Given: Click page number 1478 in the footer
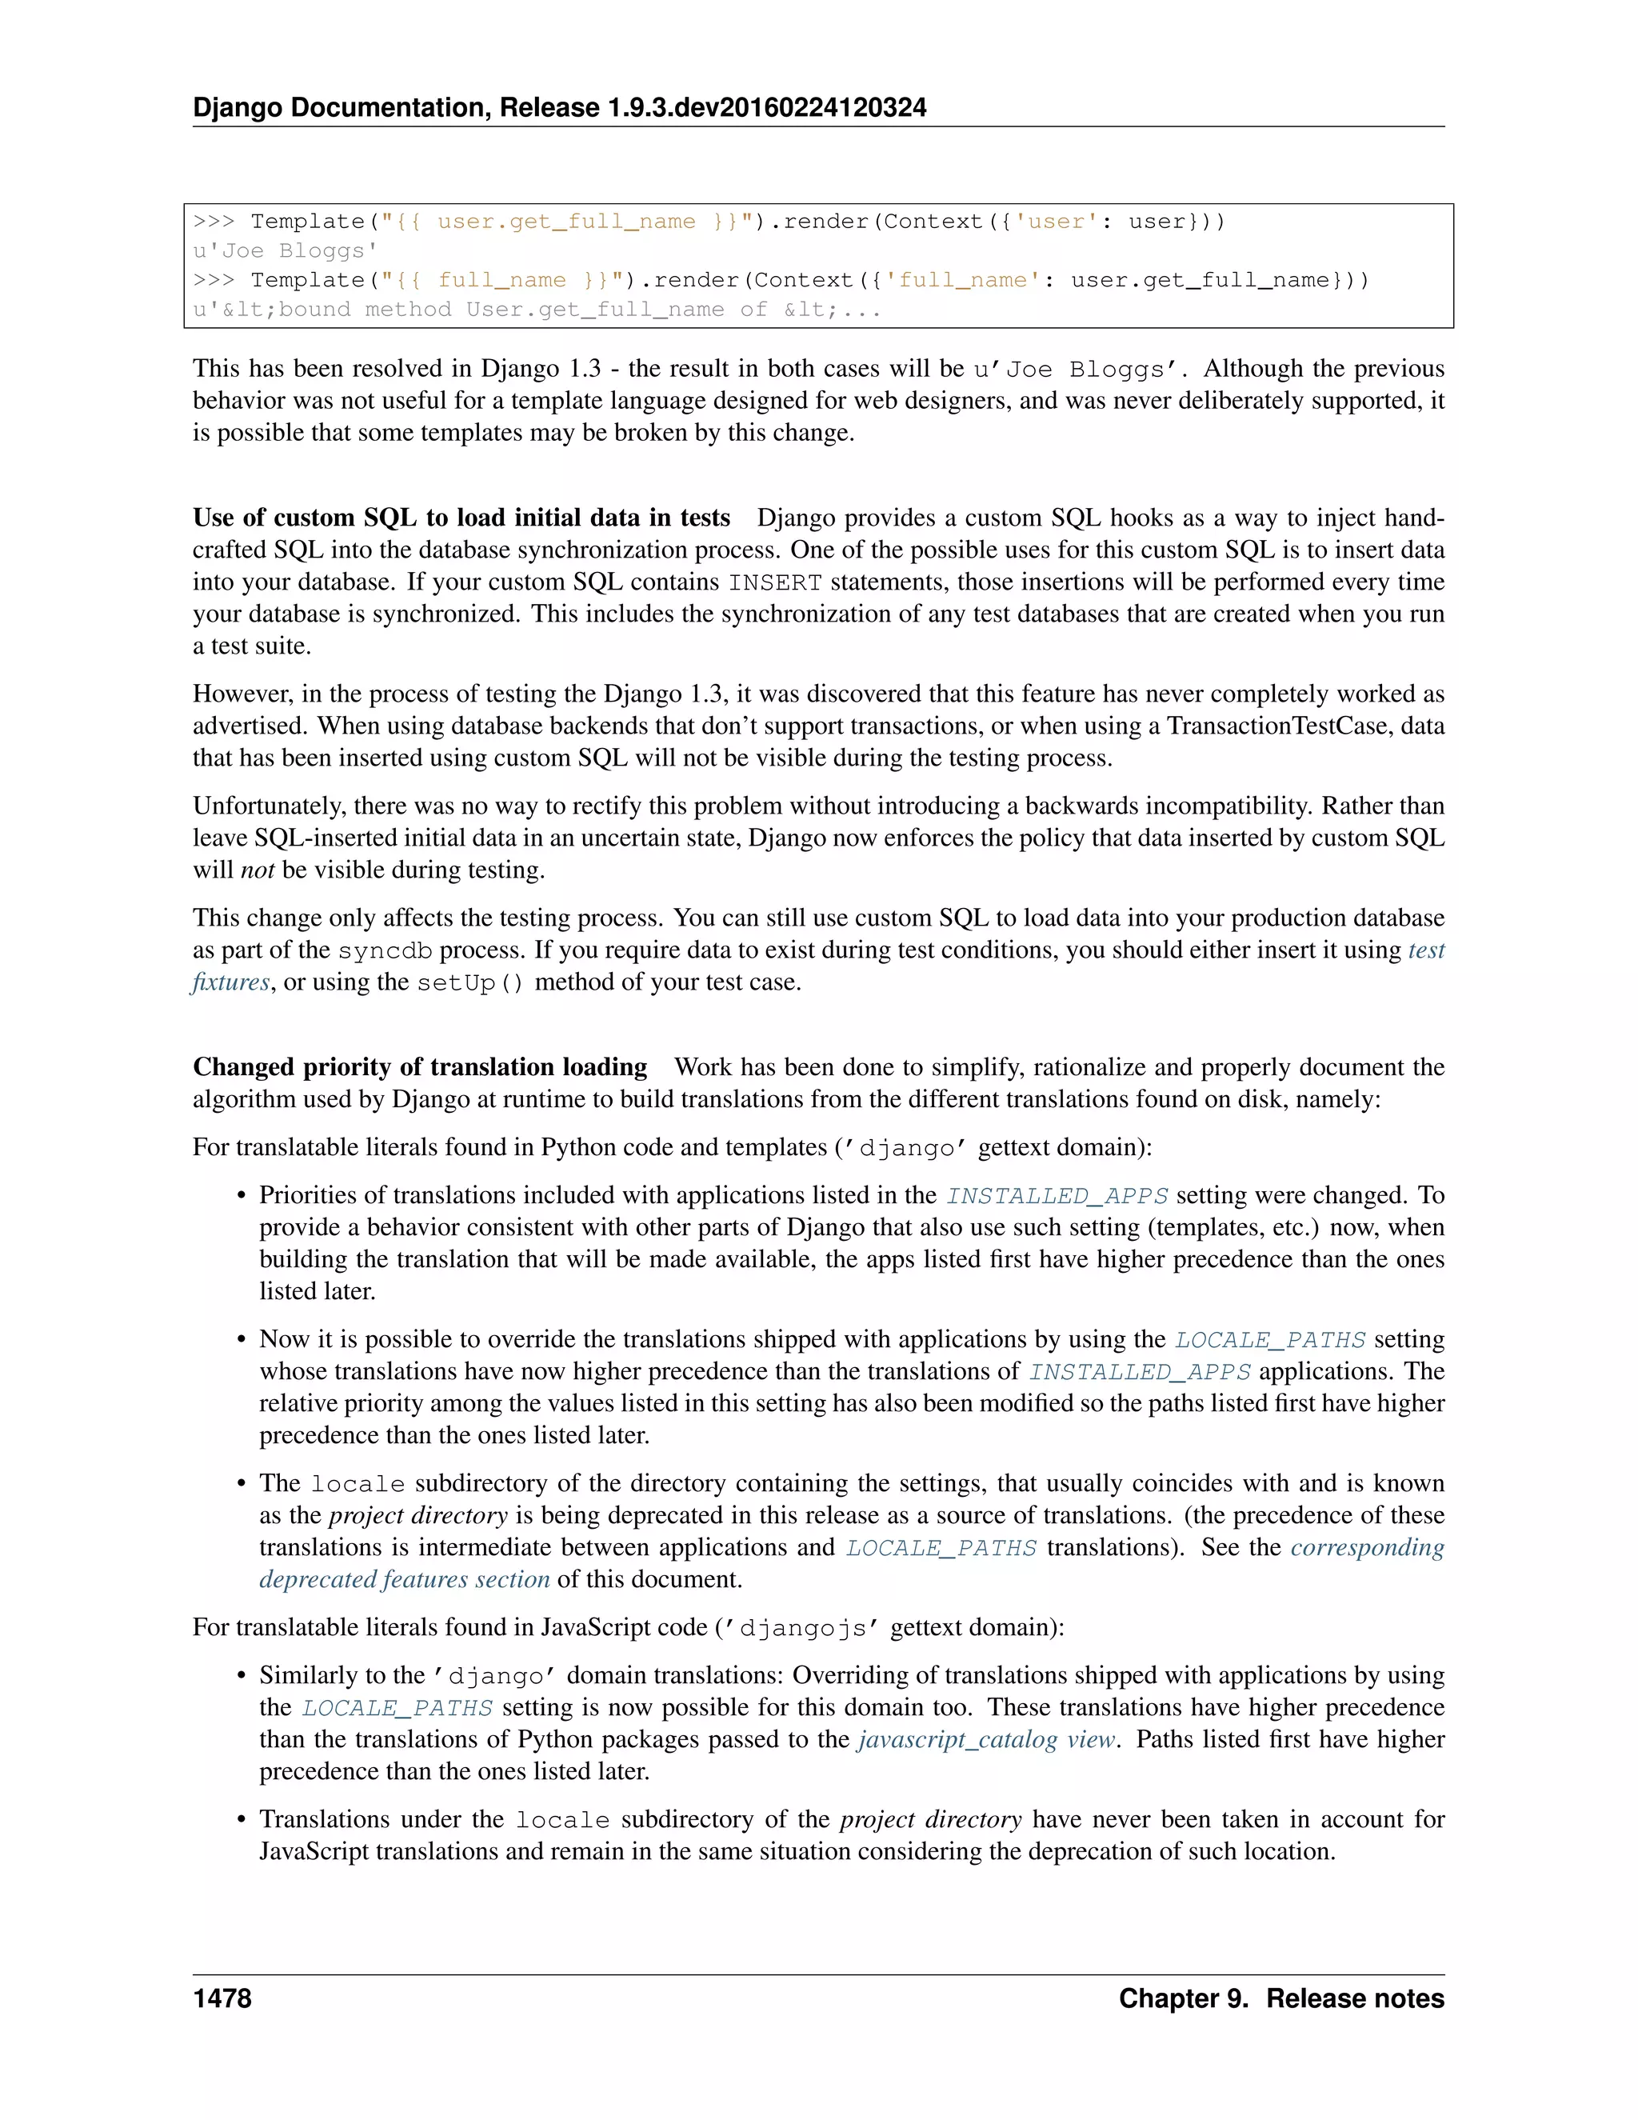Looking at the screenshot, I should click(x=222, y=1998).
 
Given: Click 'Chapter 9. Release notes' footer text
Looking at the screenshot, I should click(x=1281, y=1998).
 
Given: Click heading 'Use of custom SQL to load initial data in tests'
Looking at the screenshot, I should click(x=461, y=518).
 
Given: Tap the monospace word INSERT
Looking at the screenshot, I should click(x=774, y=582).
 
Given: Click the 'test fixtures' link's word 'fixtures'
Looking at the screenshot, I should click(x=231, y=982).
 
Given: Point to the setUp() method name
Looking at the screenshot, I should click(x=469, y=982).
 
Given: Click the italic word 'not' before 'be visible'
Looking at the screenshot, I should click(x=258, y=870).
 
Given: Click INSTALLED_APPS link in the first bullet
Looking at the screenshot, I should click(x=1057, y=1196).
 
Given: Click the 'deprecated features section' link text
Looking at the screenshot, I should click(x=404, y=1579).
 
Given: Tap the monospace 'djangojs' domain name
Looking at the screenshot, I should click(x=801, y=1628).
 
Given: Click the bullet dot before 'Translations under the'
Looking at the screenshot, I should click(x=242, y=1820).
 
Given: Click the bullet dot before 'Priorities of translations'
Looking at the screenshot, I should click(x=242, y=1196).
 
